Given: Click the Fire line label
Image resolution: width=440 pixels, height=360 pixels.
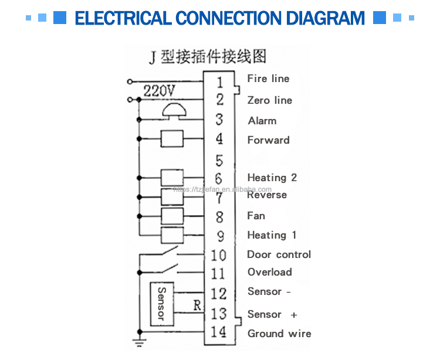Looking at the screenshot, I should coord(268,79).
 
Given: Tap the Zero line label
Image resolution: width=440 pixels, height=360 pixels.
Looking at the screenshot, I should coord(269,100).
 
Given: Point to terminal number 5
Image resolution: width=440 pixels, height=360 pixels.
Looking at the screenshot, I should coord(219,159).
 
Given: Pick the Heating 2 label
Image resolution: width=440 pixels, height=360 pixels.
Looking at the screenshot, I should coord(272,178).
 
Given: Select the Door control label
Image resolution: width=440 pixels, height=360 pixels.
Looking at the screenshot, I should coord(279,254).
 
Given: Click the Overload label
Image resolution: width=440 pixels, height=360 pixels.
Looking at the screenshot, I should coord(269,272).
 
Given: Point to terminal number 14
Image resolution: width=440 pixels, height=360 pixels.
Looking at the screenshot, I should coord(218,332).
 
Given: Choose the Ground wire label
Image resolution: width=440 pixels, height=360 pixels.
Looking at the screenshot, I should coord(279,334).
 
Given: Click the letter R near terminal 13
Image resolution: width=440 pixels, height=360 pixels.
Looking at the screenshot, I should coord(197,305).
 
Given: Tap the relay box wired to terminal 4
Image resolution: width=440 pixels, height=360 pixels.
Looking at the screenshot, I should coord(172,139).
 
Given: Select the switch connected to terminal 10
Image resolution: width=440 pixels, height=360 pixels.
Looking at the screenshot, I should coord(170,252).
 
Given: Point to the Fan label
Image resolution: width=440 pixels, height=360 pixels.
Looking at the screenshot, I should coord(256,216).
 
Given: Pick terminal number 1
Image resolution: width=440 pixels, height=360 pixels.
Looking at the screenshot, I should coord(219,82).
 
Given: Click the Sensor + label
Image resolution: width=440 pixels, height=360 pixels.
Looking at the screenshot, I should coord(272,315).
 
